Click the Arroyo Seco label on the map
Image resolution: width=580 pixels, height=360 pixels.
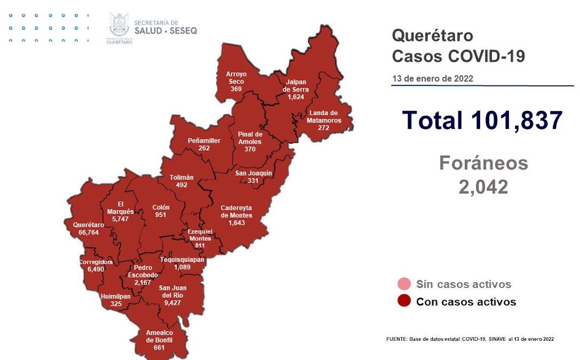236,78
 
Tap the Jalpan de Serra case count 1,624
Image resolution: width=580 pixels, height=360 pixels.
295,97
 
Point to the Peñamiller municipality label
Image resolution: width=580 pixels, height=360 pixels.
204,141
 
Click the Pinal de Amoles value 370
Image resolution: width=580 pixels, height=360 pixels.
250,149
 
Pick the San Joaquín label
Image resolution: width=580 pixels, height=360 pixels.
253,173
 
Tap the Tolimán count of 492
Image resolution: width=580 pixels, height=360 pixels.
182,185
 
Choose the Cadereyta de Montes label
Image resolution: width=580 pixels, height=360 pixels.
236,211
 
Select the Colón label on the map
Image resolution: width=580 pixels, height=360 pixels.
161,208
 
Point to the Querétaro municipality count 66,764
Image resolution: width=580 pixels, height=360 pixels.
88,232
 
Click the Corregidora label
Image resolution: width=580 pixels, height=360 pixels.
96,262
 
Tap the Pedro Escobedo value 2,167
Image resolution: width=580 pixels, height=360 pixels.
143,282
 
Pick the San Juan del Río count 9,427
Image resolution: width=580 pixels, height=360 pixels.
172,304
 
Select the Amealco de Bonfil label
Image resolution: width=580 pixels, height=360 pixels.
159,336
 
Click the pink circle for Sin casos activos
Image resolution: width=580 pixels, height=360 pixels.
404,284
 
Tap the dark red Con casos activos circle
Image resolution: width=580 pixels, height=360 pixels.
404,302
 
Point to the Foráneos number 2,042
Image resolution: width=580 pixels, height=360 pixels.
483,186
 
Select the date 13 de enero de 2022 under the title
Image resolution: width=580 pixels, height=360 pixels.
432,79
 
